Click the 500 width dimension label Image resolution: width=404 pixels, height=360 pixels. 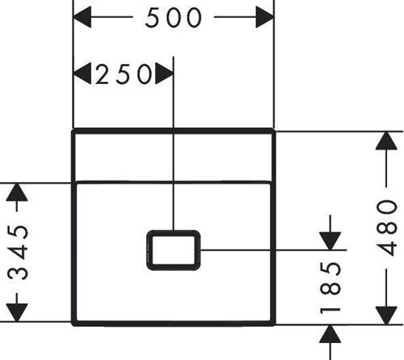(173, 18)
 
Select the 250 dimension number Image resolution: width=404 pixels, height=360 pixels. (124, 74)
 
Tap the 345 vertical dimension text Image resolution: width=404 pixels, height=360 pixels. (18, 252)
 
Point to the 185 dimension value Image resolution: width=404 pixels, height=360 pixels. (330, 288)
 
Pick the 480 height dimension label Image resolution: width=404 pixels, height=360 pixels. (387, 228)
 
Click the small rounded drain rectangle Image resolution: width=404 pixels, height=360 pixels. (174, 250)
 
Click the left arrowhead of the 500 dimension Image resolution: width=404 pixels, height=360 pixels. (82, 17)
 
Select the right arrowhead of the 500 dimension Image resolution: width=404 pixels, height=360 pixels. (264, 17)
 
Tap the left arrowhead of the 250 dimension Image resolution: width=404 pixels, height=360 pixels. (82, 74)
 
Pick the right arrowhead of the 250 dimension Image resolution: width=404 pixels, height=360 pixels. (164, 74)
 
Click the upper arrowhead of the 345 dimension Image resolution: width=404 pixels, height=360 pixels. (17, 192)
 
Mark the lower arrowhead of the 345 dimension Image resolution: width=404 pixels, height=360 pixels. (17, 312)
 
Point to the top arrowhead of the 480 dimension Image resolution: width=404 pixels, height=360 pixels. (386, 141)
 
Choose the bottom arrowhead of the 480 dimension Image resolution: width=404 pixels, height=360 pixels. (386, 316)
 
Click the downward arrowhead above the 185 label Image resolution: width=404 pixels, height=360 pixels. (330, 241)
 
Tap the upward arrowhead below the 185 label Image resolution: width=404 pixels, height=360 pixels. (330, 334)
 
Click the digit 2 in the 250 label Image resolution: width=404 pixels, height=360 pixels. (102, 74)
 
